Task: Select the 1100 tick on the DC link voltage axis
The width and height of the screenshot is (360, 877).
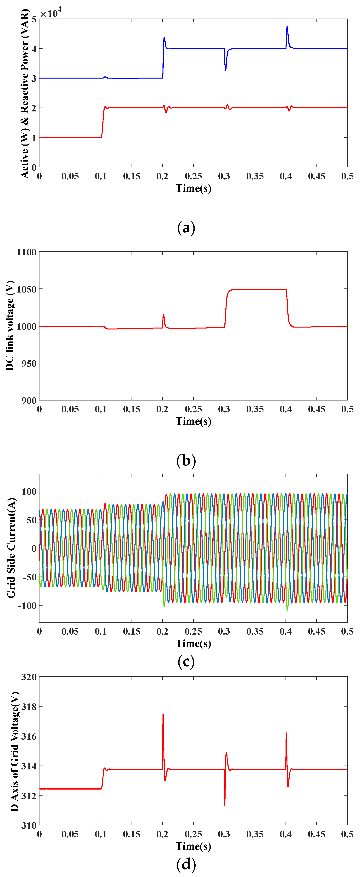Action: coord(27,252)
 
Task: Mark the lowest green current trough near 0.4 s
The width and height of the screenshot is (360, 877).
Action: coord(287,609)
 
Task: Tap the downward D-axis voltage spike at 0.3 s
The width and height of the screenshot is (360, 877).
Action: coord(225,805)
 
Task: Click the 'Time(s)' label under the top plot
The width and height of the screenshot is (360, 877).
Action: coord(193,188)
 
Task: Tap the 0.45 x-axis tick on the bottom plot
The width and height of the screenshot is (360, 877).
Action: coord(316,834)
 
